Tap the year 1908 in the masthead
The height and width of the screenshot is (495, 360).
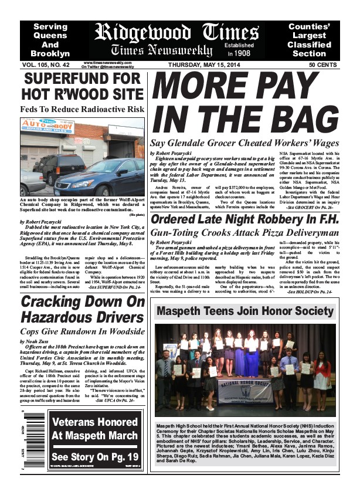(x=241, y=53)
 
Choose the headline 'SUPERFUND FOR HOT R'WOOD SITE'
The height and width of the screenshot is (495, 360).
(x=82, y=86)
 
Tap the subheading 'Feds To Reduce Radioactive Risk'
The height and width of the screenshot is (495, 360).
(x=82, y=109)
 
